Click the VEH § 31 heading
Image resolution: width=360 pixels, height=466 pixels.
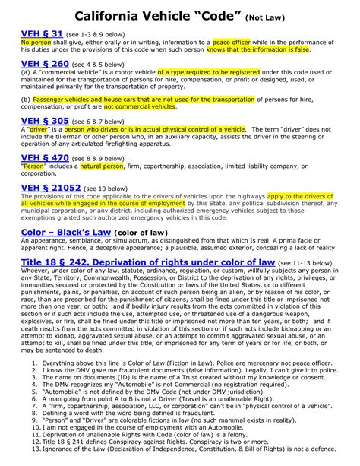coord(42,35)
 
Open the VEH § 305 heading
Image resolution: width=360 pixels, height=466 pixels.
coord(45,121)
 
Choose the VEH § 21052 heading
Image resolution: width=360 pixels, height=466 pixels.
coord(51,186)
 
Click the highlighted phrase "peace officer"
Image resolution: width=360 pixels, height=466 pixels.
coord(232,43)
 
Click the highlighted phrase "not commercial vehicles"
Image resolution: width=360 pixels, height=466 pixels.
coord(138,106)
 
